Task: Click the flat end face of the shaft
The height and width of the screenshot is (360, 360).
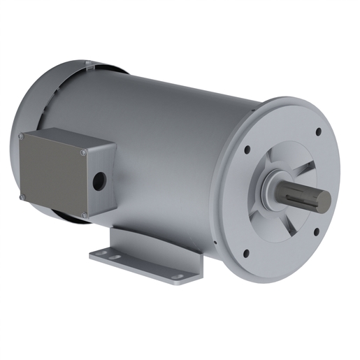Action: [x=322, y=201]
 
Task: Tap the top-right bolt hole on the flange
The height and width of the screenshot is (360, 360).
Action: [x=318, y=131]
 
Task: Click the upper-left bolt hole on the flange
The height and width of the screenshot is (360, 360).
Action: [x=247, y=149]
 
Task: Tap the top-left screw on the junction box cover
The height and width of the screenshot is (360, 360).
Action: [x=21, y=136]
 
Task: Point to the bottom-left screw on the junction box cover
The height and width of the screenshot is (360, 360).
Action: [x=22, y=197]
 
